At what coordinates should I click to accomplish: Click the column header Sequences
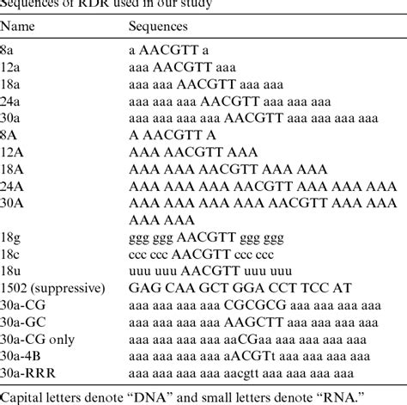pos(155,28)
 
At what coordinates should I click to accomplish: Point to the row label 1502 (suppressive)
pos(52,287)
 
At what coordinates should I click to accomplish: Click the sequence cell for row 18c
pos(200,255)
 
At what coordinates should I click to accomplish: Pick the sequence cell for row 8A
pos(172,133)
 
